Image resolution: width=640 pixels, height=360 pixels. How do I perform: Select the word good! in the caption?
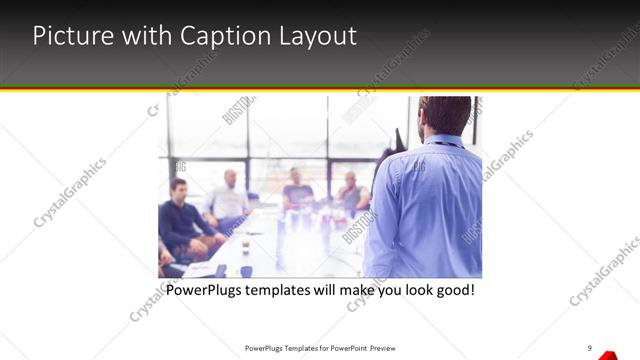(451, 291)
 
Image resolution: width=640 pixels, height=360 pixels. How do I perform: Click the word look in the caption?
(407, 291)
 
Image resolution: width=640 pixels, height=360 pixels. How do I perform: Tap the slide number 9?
(590, 348)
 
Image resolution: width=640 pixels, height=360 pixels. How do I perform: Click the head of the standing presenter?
(437, 117)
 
